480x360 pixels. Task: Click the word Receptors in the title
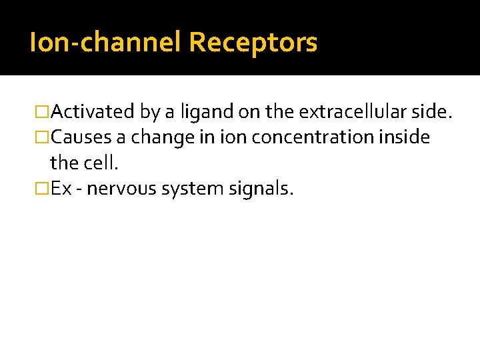(253, 43)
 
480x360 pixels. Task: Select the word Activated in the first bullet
(92, 112)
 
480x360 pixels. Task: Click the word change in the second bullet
(155, 138)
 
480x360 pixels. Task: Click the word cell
(102, 163)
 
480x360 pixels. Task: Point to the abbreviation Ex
(61, 189)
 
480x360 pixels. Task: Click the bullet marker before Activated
(43, 112)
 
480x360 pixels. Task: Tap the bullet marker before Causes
(43, 138)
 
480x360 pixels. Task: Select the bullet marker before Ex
(43, 189)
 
